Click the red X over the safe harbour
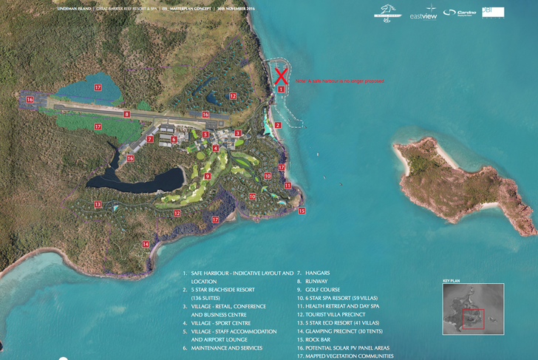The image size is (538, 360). click(x=281, y=75)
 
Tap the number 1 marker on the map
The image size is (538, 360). click(x=281, y=89)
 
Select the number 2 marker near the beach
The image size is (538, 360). click(x=278, y=125)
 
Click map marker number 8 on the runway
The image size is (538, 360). click(x=127, y=114)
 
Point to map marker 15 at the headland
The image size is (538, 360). click(x=302, y=211)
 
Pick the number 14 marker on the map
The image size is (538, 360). click(x=146, y=243)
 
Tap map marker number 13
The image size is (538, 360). click(x=97, y=204)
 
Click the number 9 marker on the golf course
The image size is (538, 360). click(x=208, y=176)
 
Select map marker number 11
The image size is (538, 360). click(x=288, y=185)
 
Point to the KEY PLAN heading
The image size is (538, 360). click(x=452, y=282)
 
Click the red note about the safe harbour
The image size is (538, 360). click(x=339, y=80)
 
